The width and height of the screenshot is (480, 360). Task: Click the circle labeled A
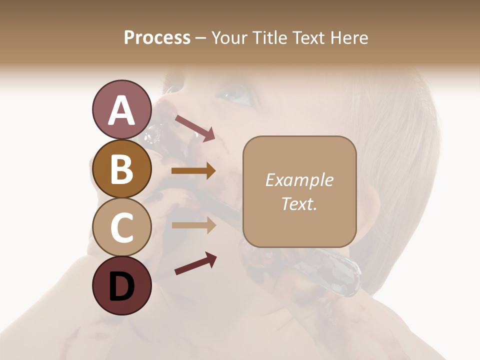(121, 109)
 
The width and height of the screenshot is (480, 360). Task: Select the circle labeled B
(121, 168)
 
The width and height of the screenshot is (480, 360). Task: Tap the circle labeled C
(121, 227)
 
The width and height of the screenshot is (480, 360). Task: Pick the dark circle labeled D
(121, 286)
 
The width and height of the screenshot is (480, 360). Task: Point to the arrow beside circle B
(193, 171)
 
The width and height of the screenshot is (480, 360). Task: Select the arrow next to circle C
(193, 225)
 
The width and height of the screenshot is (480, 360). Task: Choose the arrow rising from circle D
(195, 263)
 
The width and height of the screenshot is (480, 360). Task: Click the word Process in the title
(157, 38)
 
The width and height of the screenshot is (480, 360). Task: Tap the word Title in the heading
(269, 38)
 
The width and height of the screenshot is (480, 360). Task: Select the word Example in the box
(299, 180)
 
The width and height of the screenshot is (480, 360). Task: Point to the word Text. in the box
(299, 203)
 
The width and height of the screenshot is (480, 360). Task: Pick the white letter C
(121, 228)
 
